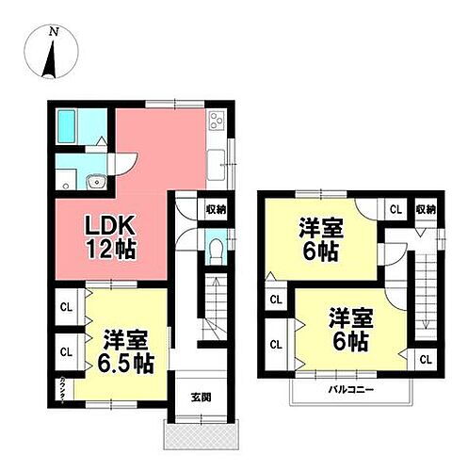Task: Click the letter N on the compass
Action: click(54, 32)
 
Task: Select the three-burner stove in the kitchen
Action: click(218, 123)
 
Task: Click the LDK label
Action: click(112, 226)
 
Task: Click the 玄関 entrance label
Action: click(200, 397)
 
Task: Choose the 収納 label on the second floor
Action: click(426, 209)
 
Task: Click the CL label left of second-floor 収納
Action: click(395, 209)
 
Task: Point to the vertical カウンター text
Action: click(62, 386)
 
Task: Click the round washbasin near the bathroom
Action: click(93, 182)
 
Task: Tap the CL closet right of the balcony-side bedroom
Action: click(424, 359)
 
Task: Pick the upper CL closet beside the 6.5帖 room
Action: click(66, 307)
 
